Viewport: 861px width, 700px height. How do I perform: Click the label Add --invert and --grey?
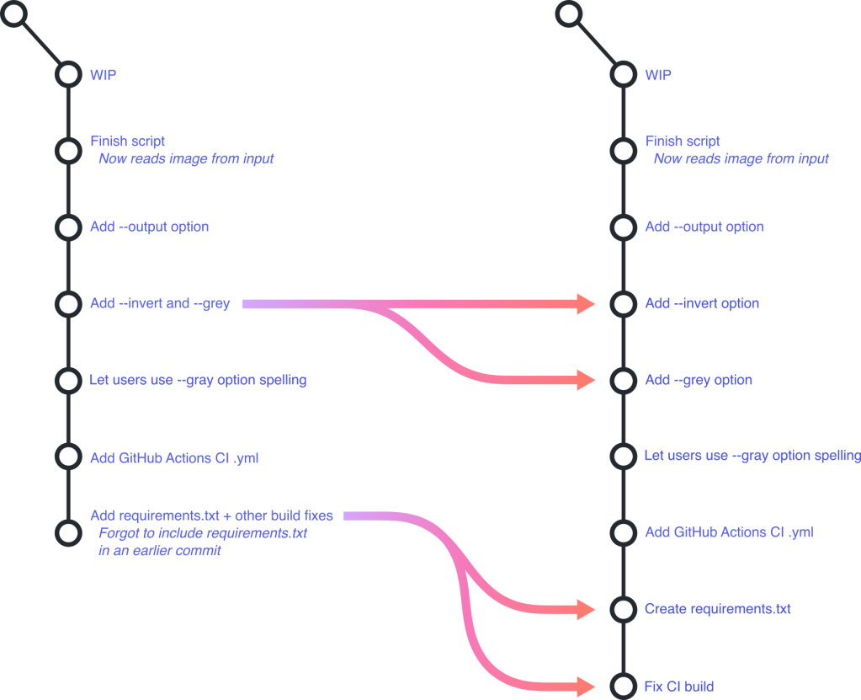(160, 303)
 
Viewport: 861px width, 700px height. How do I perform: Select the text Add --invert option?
(702, 303)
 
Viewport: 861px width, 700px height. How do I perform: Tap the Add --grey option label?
(699, 380)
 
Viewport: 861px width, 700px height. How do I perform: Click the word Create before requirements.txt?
(665, 609)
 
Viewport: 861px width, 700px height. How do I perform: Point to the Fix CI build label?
(679, 687)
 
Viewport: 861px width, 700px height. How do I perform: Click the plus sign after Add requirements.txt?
(228, 516)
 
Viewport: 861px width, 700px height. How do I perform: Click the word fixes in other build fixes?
(318, 516)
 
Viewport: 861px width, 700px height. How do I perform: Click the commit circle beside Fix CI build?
(623, 686)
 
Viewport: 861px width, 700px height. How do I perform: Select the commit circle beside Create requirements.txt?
(623, 609)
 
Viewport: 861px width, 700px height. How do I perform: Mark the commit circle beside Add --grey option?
(623, 380)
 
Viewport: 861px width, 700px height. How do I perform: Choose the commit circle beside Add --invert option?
(623, 303)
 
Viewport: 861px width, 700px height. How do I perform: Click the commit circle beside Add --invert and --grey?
(67, 303)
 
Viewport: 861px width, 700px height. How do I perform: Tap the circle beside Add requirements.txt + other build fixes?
(67, 532)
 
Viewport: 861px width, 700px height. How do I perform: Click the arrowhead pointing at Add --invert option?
(587, 303)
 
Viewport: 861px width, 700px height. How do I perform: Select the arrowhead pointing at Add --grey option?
(587, 380)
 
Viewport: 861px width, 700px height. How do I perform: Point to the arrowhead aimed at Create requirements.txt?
(587, 609)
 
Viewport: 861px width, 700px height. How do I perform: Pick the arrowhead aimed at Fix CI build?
(587, 686)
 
